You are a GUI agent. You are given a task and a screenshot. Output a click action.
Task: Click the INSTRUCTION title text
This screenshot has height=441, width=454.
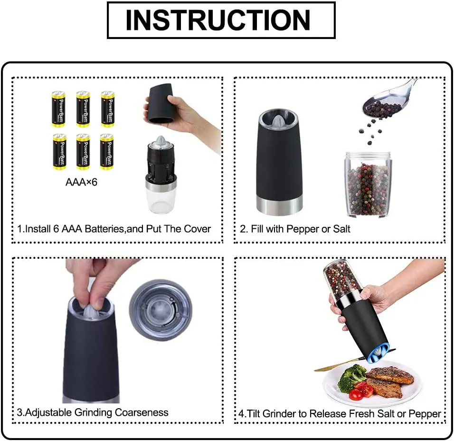click(218, 20)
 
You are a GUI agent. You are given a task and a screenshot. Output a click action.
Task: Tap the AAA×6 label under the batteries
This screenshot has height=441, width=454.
click(81, 182)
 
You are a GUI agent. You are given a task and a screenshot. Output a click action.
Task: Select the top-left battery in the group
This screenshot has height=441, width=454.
click(58, 109)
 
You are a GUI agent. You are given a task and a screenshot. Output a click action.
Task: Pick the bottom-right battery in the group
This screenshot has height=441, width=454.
click(107, 152)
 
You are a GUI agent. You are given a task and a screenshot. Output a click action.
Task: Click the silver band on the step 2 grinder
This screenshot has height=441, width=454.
click(279, 205)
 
